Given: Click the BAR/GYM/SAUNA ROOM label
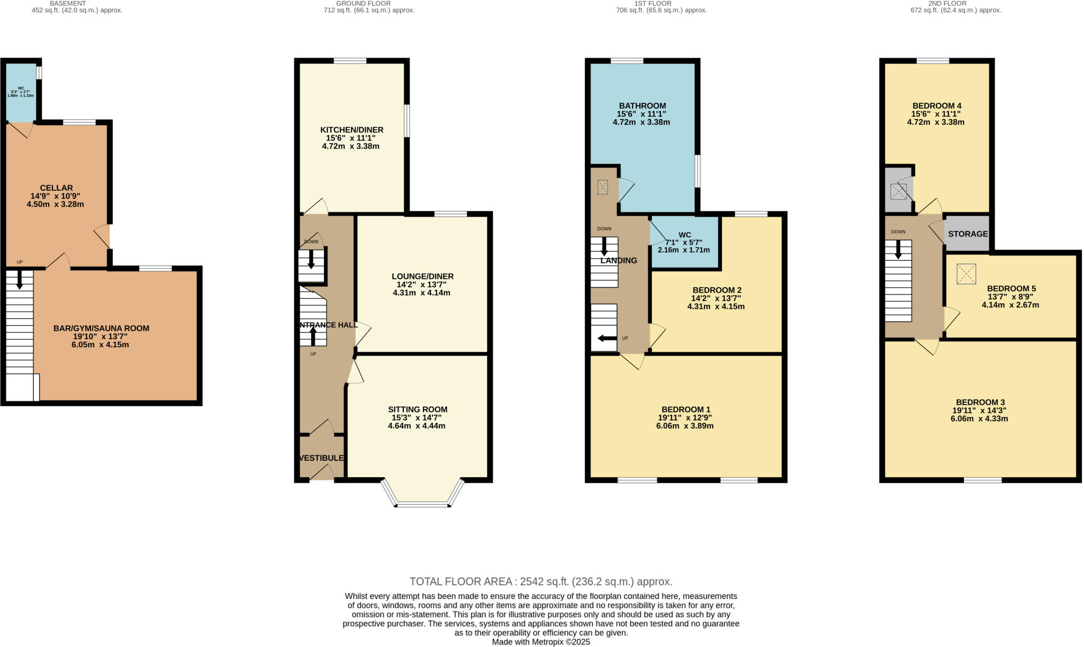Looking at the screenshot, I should tap(101, 328).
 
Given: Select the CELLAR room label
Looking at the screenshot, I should tap(56, 188).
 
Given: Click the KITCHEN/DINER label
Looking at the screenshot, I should tap(351, 130).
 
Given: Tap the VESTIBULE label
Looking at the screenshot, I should tap(321, 458).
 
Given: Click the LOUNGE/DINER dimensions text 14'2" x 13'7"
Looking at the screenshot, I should tap(422, 285).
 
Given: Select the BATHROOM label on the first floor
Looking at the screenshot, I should tap(642, 106).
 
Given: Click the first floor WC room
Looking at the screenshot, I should tap(684, 242).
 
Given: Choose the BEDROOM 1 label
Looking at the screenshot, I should tap(685, 409).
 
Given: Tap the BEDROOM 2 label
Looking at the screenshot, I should tap(717, 290).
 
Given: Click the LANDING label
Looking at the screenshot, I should tap(618, 260).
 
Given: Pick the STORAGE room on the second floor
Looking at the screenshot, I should tap(968, 234).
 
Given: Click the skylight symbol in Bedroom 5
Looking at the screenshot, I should tap(966, 274).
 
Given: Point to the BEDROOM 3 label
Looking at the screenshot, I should tap(980, 402).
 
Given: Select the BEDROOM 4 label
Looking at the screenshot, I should tap(936, 106).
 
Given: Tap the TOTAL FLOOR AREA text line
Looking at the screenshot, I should tap(540, 581).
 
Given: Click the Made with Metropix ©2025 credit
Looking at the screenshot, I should tap(540, 642).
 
